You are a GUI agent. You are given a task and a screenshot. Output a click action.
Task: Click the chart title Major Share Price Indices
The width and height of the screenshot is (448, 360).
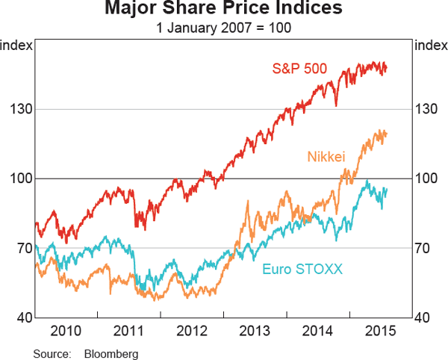click(224, 10)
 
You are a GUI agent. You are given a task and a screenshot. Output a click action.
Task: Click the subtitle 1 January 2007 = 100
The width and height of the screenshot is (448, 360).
click(224, 28)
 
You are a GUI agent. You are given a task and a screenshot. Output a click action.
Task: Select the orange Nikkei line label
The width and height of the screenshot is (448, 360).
click(326, 156)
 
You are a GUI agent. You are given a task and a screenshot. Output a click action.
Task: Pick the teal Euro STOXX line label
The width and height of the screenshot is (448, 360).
click(302, 268)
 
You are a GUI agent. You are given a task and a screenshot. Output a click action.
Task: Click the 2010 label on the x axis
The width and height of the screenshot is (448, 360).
click(66, 331)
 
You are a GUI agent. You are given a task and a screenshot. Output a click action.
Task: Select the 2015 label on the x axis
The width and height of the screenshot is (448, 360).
click(381, 331)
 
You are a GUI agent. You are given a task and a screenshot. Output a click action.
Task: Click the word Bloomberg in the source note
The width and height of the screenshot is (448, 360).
click(111, 353)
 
